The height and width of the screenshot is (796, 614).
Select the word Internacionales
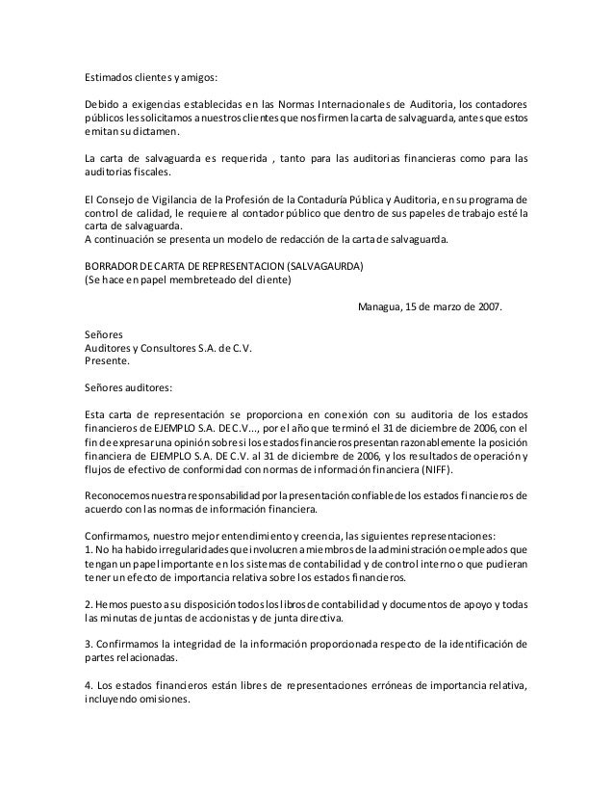coord(363,104)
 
